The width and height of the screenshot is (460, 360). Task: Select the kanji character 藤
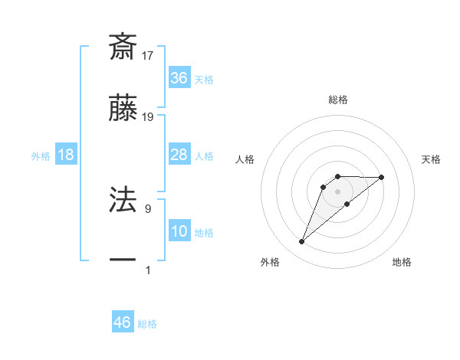pyautogui.click(x=123, y=109)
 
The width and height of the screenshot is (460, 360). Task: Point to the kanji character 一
pyautogui.click(x=123, y=261)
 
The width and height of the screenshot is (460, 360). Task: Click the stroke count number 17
pyautogui.click(x=149, y=55)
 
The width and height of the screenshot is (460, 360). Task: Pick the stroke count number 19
pyautogui.click(x=149, y=117)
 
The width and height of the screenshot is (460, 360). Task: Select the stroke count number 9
pyautogui.click(x=147, y=207)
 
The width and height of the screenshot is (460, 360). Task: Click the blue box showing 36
pyautogui.click(x=179, y=78)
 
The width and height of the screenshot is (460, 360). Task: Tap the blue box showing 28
pyautogui.click(x=179, y=155)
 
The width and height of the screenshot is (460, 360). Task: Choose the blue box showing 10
pyautogui.click(x=179, y=232)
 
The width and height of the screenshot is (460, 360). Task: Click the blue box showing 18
pyautogui.click(x=66, y=155)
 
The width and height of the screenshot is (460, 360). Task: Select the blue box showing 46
pyautogui.click(x=122, y=322)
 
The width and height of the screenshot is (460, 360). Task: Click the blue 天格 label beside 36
pyautogui.click(x=204, y=79)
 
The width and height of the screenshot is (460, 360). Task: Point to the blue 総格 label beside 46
pyautogui.click(x=147, y=324)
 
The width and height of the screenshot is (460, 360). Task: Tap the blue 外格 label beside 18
pyautogui.click(x=41, y=155)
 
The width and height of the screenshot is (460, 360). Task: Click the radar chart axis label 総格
pyautogui.click(x=338, y=100)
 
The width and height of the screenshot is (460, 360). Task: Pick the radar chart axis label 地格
pyautogui.click(x=402, y=262)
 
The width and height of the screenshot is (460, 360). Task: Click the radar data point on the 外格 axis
pyautogui.click(x=302, y=242)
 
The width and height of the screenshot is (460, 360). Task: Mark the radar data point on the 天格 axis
pyautogui.click(x=381, y=177)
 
